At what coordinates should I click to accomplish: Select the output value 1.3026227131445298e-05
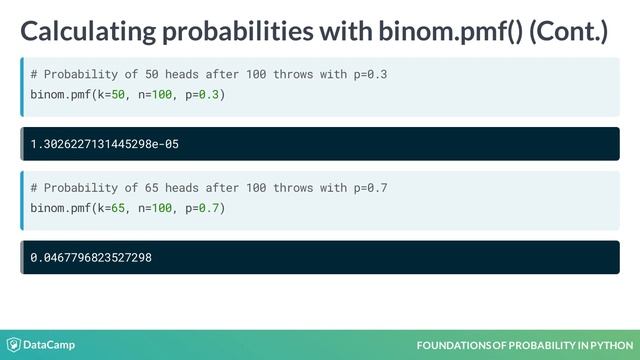[x=104, y=144]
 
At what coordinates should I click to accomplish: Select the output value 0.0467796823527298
[x=91, y=258]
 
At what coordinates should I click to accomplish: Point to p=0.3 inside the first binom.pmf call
[x=203, y=95]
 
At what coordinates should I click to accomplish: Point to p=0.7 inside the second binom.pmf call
[x=203, y=208]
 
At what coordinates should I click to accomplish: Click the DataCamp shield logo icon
[x=14, y=345]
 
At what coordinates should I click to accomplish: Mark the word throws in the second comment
[x=293, y=188]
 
